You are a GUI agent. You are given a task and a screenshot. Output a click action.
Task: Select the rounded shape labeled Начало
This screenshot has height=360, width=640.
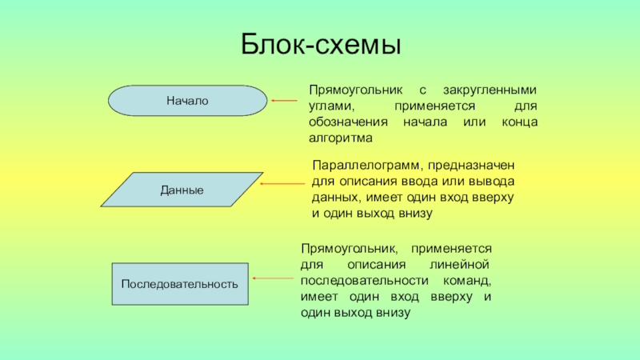[187, 101]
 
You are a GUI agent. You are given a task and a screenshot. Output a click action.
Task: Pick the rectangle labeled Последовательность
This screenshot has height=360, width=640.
[180, 284]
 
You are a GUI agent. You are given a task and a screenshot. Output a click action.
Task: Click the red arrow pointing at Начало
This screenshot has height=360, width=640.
[283, 101]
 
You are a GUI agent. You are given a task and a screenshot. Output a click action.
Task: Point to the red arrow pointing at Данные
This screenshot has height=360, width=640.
[283, 183]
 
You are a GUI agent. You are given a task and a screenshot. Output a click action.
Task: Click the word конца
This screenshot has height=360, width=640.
[518, 122]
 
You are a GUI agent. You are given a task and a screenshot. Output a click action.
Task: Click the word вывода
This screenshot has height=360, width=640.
[493, 181]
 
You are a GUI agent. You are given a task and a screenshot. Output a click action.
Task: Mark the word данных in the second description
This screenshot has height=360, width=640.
[332, 197]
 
